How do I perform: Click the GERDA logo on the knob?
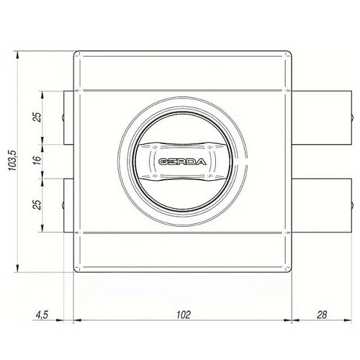(x=182, y=162)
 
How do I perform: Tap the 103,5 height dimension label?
(x=12, y=161)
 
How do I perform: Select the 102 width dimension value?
(x=184, y=315)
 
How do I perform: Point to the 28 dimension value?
(x=322, y=315)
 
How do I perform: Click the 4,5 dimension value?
(x=42, y=315)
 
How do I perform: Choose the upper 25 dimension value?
(x=37, y=117)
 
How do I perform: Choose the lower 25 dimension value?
(x=37, y=204)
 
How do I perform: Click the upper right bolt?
(x=322, y=117)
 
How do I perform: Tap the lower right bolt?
(x=322, y=205)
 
